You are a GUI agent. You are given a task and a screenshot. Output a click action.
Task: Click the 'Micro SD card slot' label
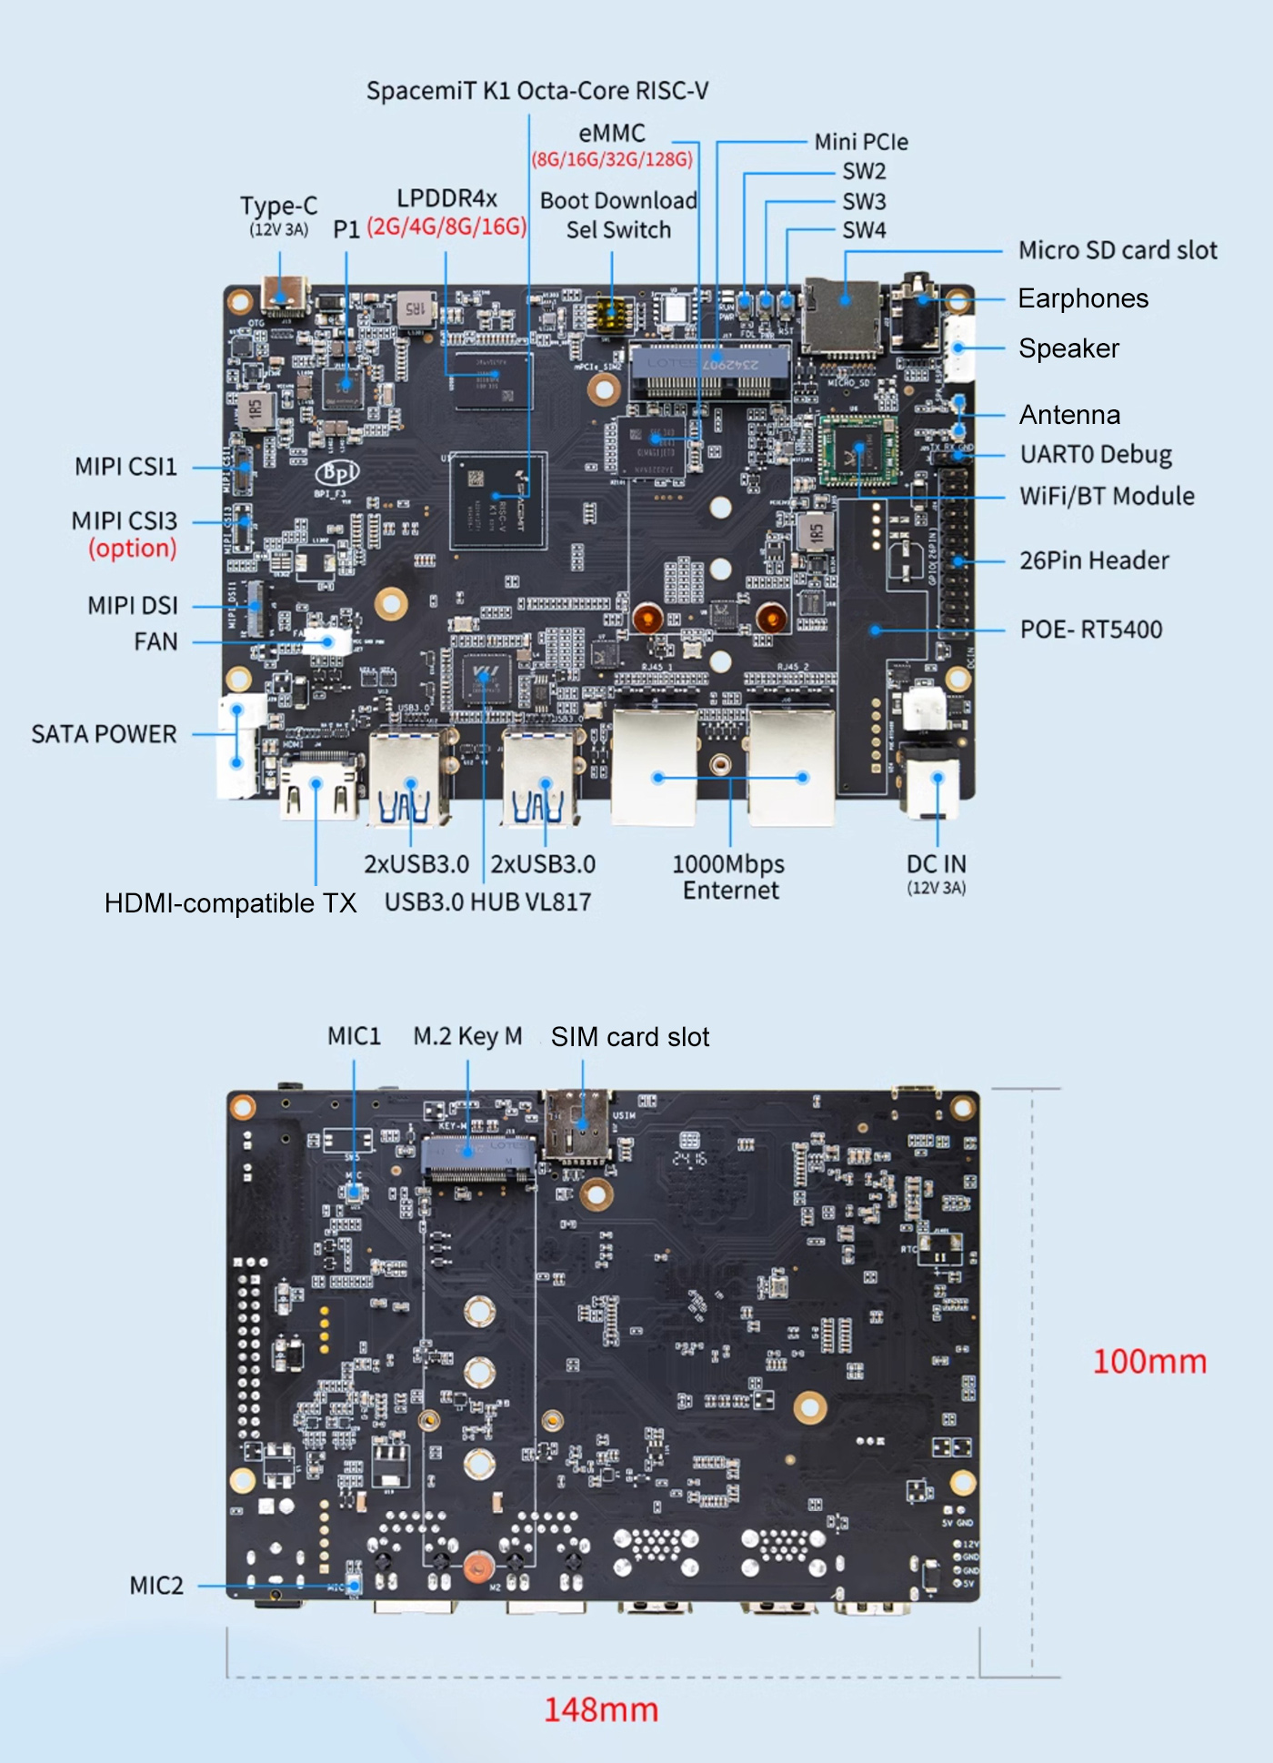[x=1118, y=250]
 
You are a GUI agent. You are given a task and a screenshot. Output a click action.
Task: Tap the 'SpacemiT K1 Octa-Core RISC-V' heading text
[x=536, y=91]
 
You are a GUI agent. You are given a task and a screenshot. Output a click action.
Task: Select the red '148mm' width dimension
[x=601, y=1709]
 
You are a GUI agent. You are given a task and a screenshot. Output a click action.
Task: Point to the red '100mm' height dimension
[x=1149, y=1362]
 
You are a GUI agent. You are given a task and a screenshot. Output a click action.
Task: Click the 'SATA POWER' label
[x=104, y=734]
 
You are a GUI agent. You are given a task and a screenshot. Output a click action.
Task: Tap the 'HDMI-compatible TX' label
[x=230, y=903]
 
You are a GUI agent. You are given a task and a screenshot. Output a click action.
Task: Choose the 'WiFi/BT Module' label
[x=1107, y=496]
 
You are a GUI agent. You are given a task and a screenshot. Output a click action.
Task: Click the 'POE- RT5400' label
[x=1091, y=630]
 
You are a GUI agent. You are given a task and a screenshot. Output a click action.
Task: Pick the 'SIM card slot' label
[x=630, y=1037]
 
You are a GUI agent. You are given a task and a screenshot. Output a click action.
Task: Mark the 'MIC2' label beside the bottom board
[x=156, y=1586]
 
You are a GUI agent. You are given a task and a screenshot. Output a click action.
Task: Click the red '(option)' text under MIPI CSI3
[x=133, y=548]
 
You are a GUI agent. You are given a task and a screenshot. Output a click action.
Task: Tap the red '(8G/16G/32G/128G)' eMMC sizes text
[x=612, y=160]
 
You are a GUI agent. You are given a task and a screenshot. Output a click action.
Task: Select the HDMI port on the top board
[x=317, y=788]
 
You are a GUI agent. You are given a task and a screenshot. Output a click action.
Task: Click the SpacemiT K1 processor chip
[x=498, y=500]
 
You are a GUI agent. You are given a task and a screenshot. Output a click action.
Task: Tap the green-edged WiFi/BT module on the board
[x=858, y=451]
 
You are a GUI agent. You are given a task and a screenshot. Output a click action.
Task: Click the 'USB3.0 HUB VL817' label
[x=487, y=902]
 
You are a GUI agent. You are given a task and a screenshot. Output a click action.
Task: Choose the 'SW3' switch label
[x=864, y=201]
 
